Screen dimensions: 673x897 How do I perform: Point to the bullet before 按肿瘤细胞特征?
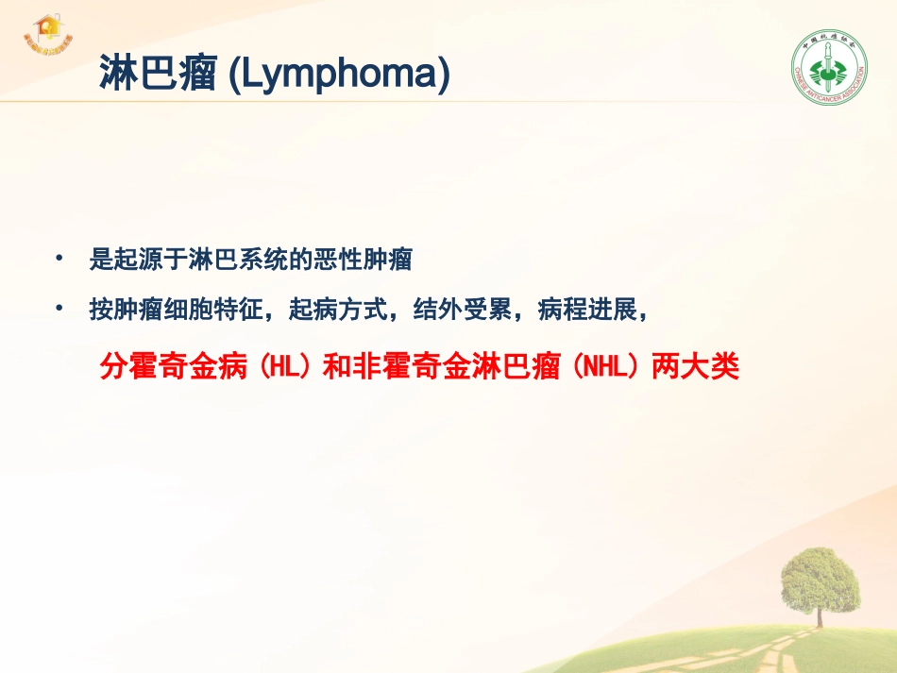(60, 310)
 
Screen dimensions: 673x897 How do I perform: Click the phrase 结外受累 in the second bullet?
(451, 311)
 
